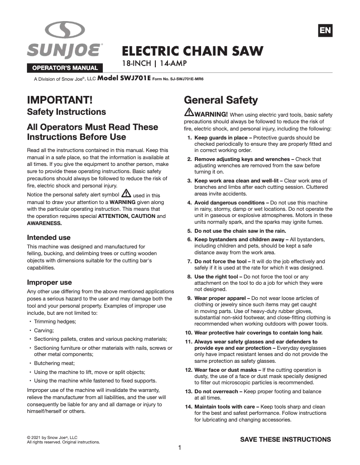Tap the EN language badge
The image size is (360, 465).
(x=325, y=30)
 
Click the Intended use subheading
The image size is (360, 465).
(x=49, y=237)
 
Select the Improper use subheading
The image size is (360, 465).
(x=49, y=282)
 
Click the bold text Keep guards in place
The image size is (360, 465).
(x=220, y=138)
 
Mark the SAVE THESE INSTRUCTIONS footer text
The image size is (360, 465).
(x=285, y=439)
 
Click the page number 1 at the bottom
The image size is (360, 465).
(x=180, y=448)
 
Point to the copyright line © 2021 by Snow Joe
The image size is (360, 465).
(x=53, y=437)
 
